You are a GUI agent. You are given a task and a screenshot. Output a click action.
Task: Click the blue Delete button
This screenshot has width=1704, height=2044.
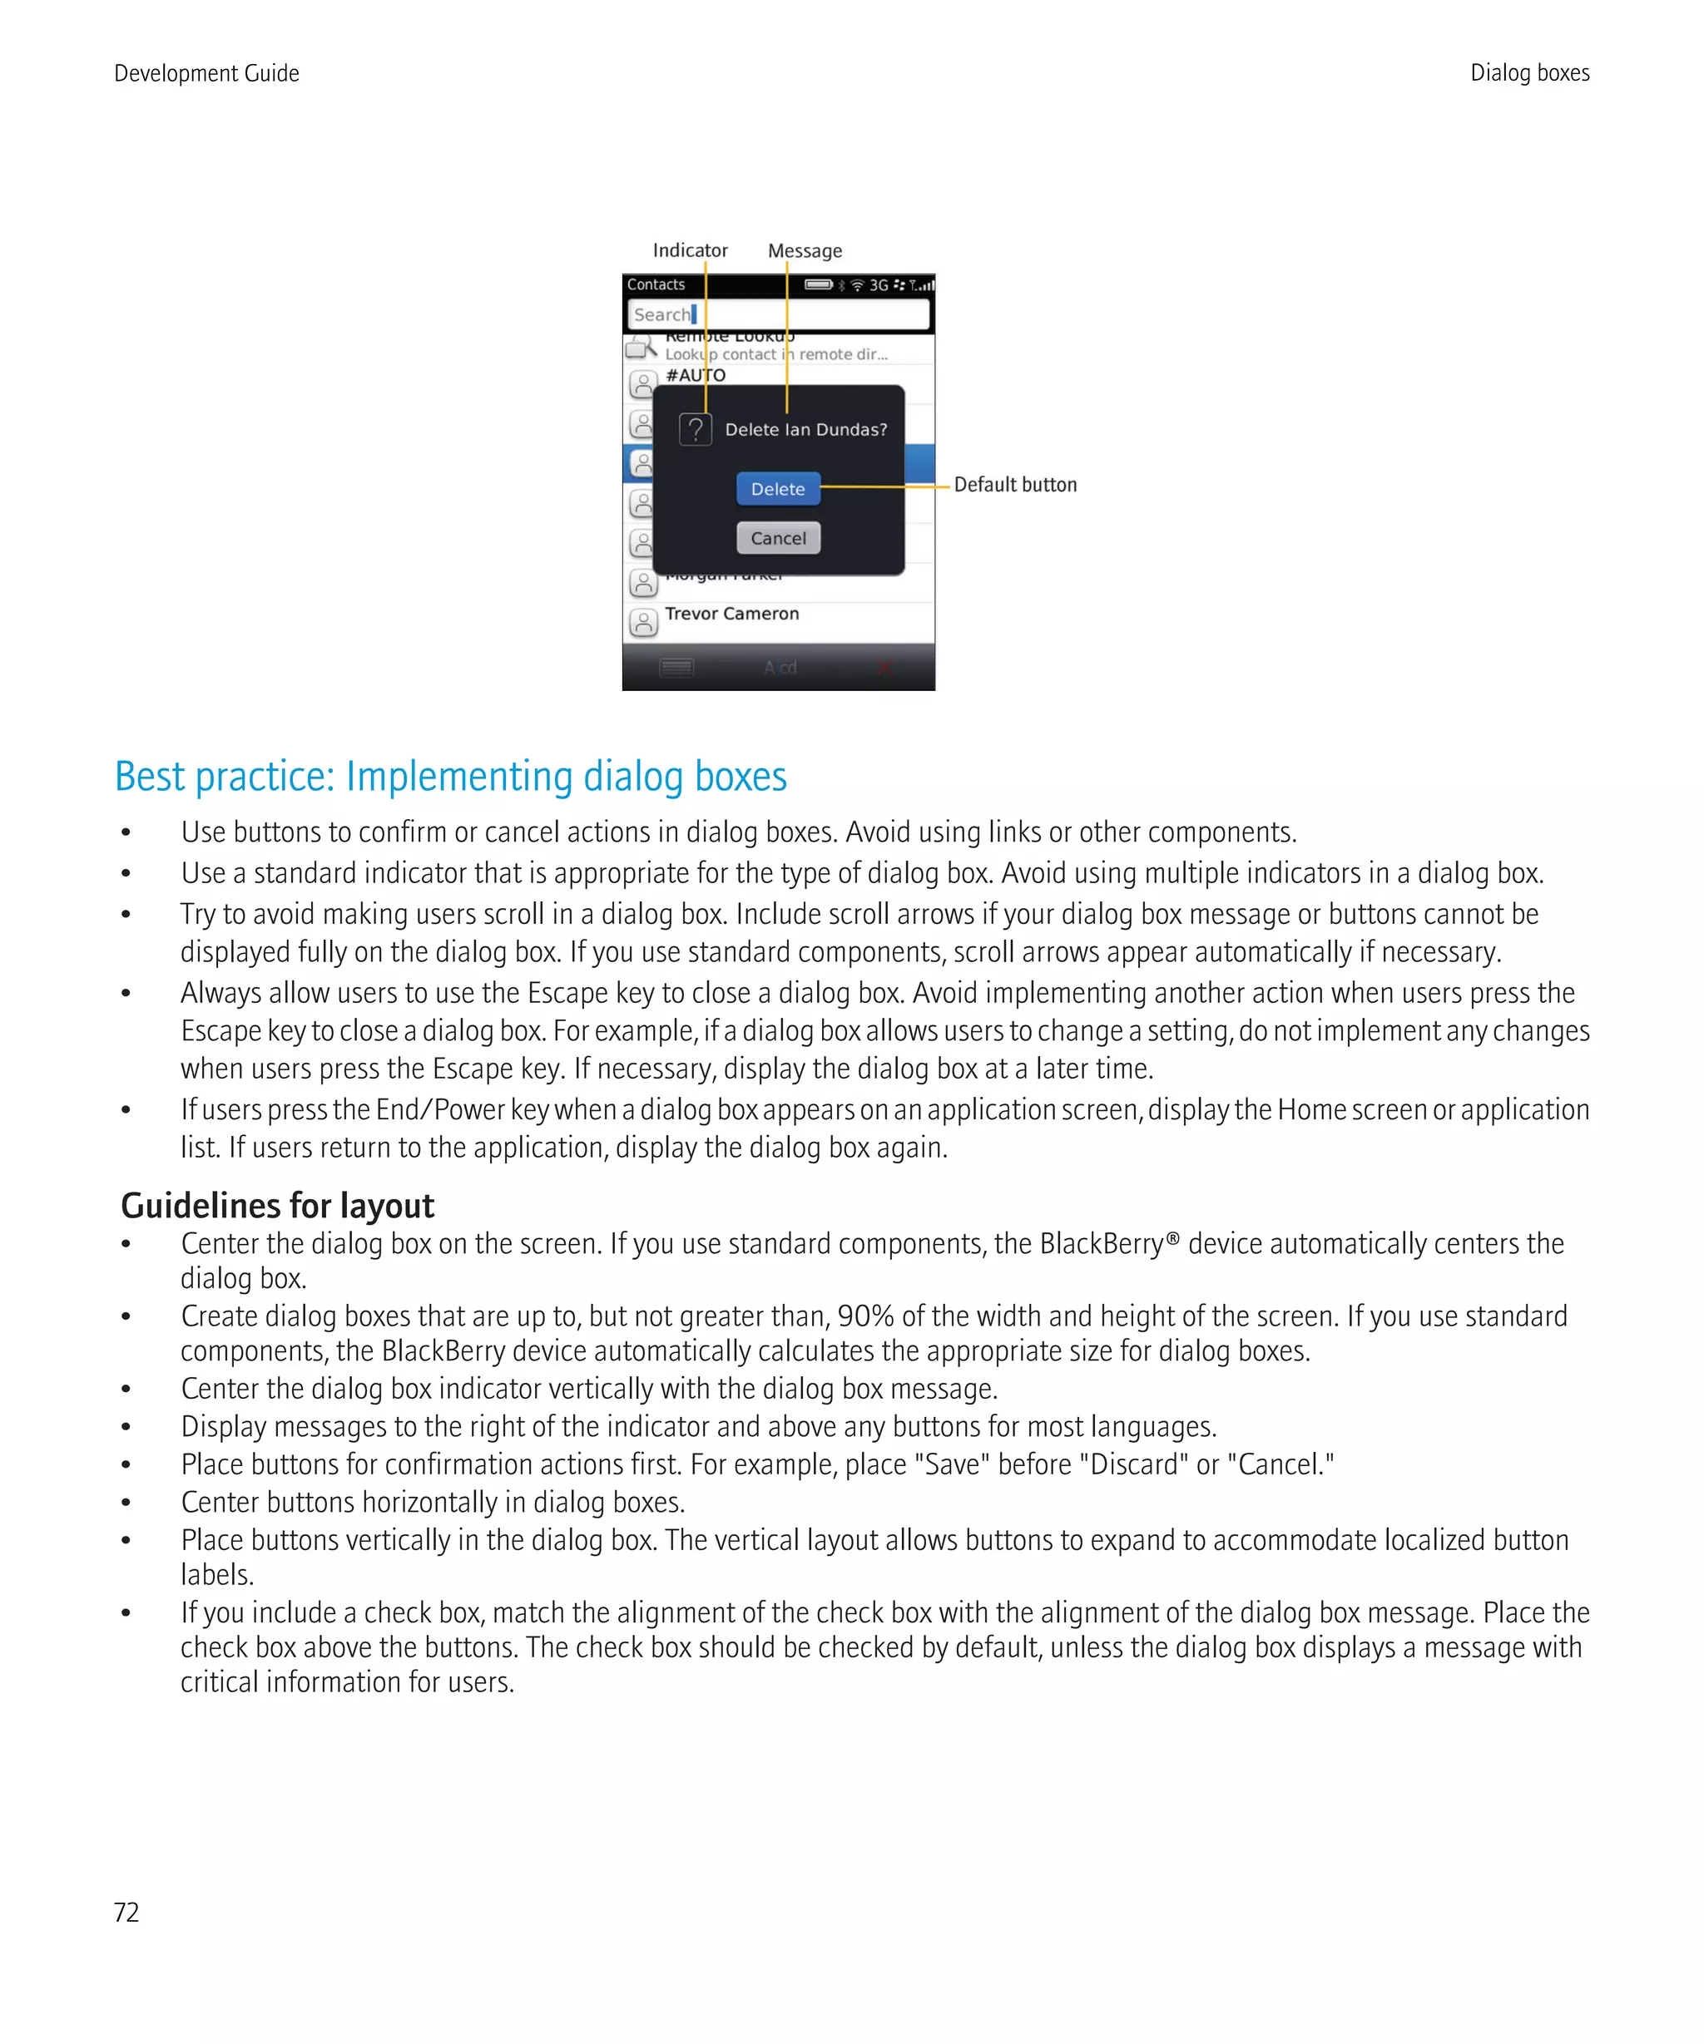pyautogui.click(x=777, y=489)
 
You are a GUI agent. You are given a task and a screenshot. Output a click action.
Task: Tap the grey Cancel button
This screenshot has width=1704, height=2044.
pyautogui.click(x=777, y=537)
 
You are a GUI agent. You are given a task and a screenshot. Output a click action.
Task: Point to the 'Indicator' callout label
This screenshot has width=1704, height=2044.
pyautogui.click(x=690, y=250)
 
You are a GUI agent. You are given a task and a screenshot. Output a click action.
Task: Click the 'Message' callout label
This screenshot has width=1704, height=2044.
pyautogui.click(x=805, y=251)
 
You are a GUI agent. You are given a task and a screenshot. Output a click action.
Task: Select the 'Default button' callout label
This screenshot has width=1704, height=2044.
pyautogui.click(x=1014, y=485)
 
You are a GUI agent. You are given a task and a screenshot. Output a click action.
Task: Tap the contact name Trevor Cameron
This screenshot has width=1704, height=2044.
pyautogui.click(x=731, y=613)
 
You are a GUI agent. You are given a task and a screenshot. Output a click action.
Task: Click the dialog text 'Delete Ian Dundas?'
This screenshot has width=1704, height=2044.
pyautogui.click(x=805, y=429)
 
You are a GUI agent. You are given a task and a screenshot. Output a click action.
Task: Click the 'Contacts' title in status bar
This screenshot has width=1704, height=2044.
pyautogui.click(x=656, y=284)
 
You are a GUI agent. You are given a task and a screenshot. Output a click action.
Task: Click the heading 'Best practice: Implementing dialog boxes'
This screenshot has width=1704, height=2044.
pyautogui.click(x=450, y=777)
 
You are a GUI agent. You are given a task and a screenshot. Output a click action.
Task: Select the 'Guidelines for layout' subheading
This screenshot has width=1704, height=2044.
pyautogui.click(x=278, y=1205)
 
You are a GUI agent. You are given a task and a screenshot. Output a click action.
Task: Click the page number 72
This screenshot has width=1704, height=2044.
pyautogui.click(x=126, y=1912)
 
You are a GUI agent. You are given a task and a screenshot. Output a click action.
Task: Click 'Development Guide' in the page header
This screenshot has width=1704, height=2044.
pyautogui.click(x=206, y=73)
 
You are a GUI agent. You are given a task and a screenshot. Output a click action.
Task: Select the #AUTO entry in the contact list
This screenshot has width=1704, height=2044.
pyautogui.click(x=696, y=376)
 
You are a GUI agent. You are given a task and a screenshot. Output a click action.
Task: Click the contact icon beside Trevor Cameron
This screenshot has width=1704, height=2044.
pyautogui.click(x=642, y=621)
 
